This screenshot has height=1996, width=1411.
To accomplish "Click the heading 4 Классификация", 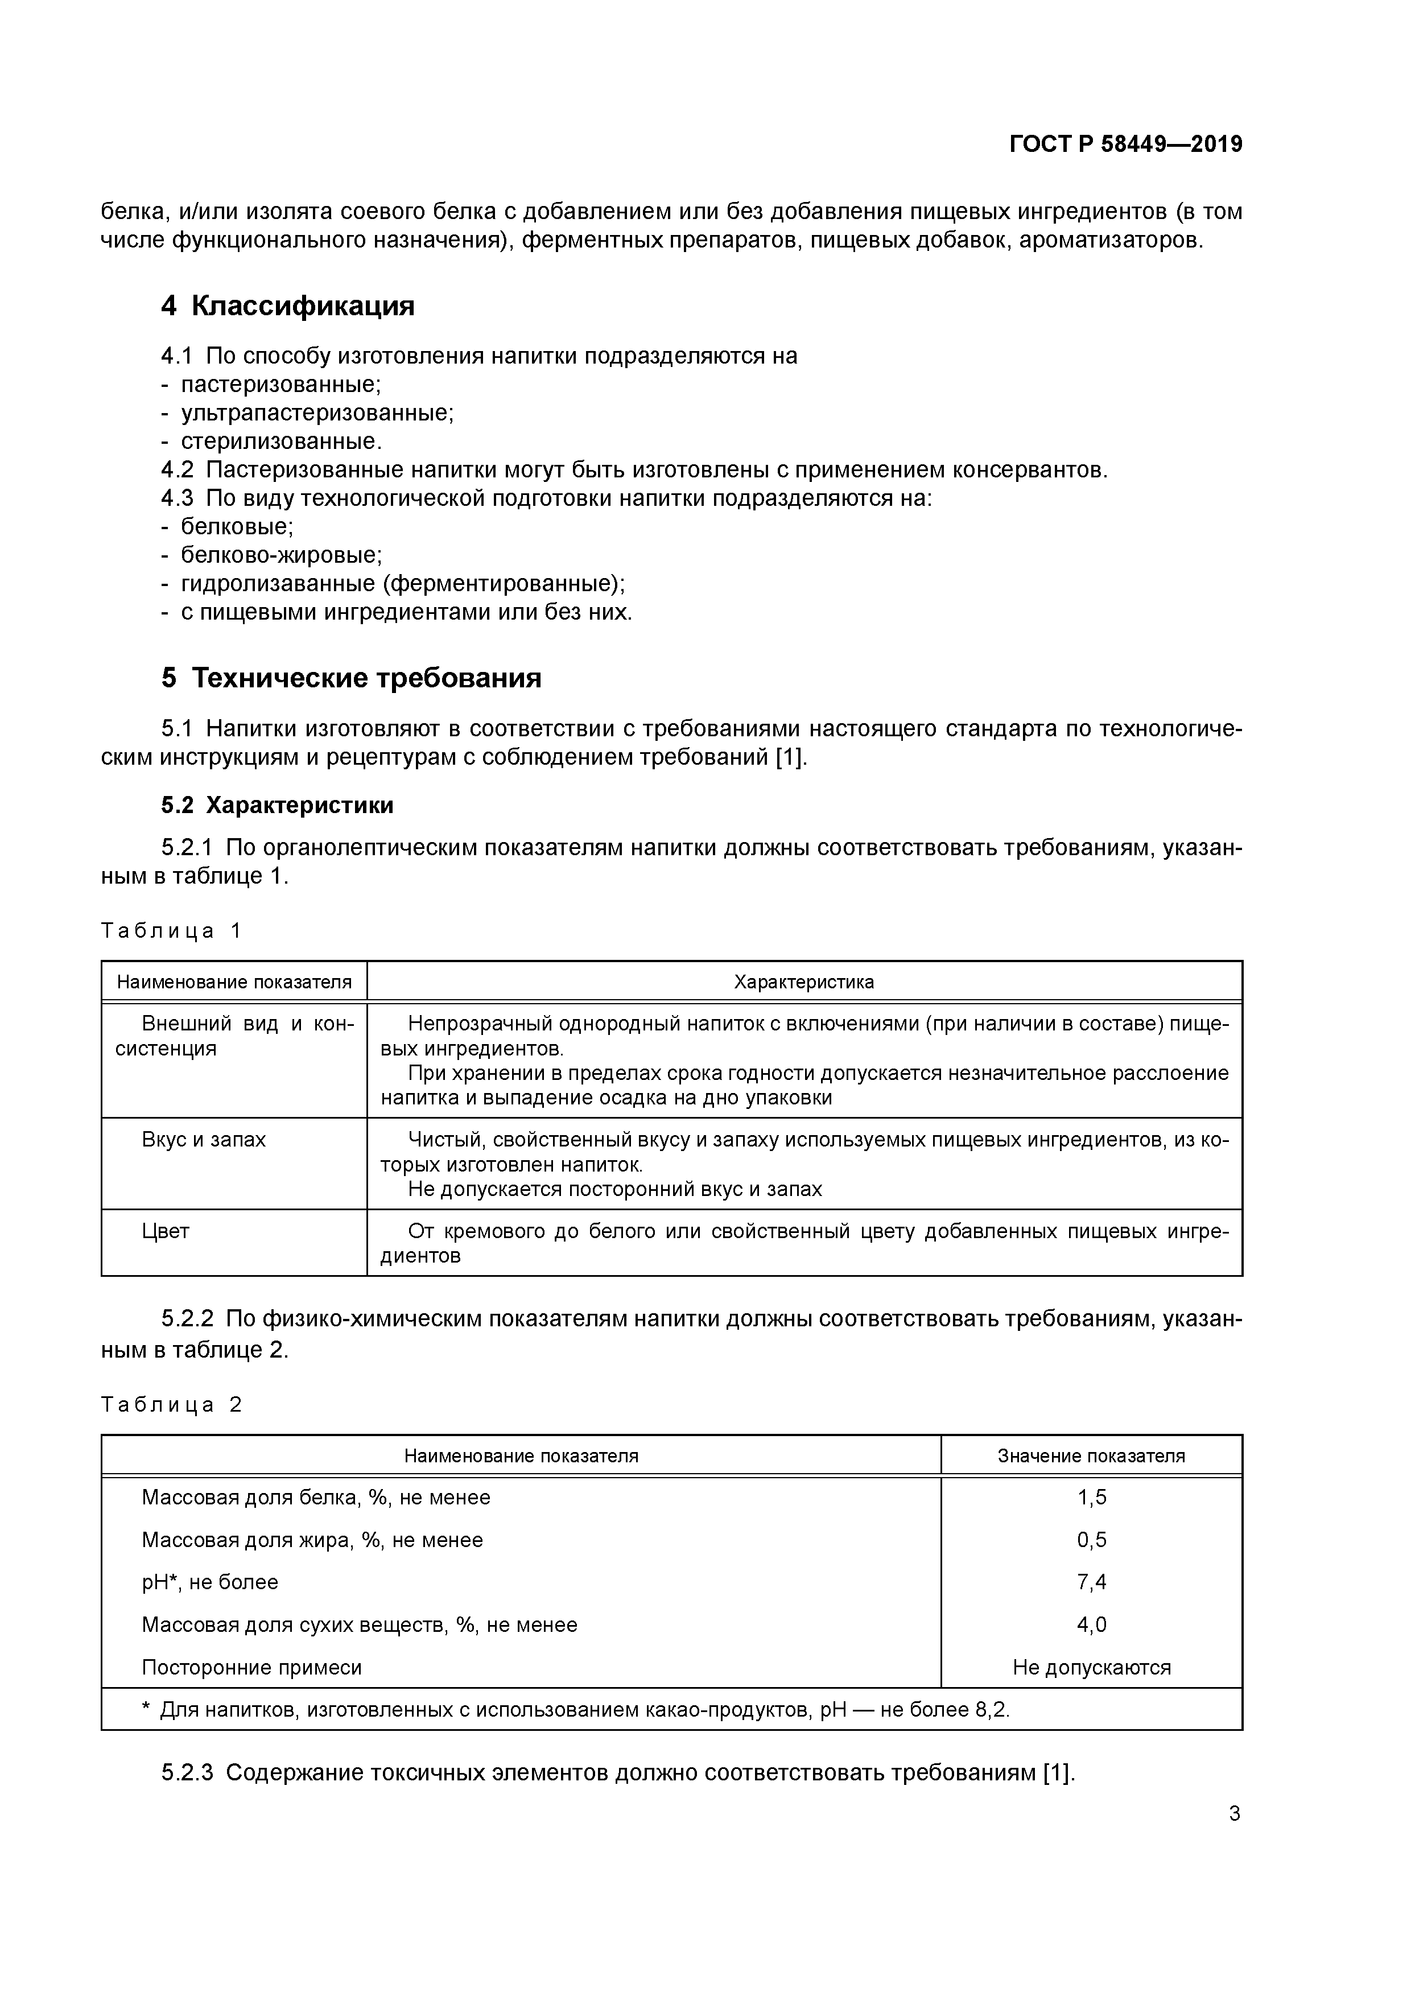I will [x=288, y=306].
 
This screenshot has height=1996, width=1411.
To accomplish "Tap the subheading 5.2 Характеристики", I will [x=277, y=805].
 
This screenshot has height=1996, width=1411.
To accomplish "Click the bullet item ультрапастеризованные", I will [x=316, y=412].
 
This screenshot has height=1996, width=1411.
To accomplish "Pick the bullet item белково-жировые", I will [x=281, y=555].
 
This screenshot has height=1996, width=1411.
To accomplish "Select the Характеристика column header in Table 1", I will [x=803, y=982].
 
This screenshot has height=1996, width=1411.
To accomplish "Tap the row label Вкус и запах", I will [x=204, y=1140].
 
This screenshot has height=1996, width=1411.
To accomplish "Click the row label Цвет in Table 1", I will [x=165, y=1231].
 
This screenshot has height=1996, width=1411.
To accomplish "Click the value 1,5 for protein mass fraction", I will [x=1091, y=1498].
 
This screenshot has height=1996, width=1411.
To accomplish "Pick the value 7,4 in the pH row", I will [x=1091, y=1582].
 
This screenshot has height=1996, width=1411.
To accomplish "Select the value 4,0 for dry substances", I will [x=1091, y=1625].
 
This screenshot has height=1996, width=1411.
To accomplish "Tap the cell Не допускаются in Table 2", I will [x=1091, y=1667].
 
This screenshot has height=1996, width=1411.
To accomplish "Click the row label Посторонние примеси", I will [x=251, y=1667].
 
